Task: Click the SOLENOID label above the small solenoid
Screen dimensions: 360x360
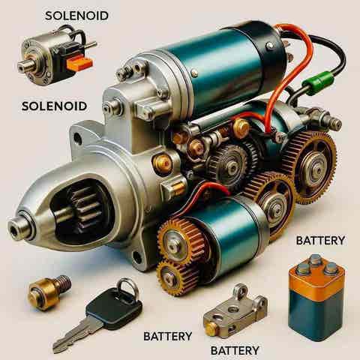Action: [x=76, y=16]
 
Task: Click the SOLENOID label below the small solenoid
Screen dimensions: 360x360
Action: [x=54, y=106]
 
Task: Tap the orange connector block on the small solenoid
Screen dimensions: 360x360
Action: [x=79, y=62]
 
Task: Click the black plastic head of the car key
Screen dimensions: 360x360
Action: [x=114, y=309]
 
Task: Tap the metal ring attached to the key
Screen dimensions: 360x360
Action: [x=127, y=287]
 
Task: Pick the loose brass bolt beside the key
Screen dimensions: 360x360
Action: [x=49, y=292]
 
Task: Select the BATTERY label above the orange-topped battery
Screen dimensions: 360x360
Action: [x=320, y=241]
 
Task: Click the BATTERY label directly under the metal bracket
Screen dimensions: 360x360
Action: [x=235, y=350]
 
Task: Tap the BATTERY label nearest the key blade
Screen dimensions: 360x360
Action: [x=168, y=336]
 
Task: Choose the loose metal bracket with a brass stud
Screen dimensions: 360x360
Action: [x=235, y=313]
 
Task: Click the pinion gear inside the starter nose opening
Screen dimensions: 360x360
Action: [x=85, y=208]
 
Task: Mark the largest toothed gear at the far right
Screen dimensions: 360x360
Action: [x=310, y=167]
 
